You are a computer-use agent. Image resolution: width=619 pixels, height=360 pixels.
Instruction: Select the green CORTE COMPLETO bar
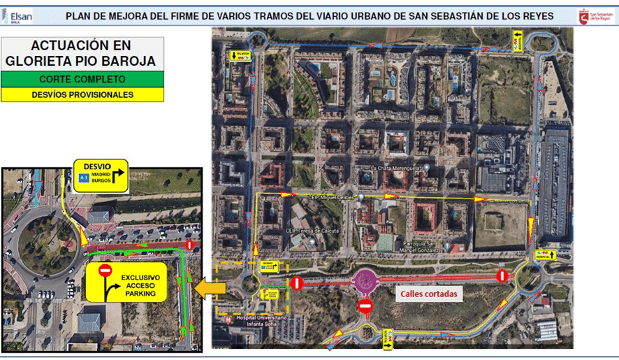click(x=82, y=80)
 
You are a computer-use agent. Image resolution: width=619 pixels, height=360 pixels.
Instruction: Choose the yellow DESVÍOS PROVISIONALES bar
click(x=82, y=94)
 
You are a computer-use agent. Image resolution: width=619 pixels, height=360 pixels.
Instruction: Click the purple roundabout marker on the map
click(x=365, y=282)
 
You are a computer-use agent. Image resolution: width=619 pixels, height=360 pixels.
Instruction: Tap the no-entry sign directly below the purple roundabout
click(x=365, y=306)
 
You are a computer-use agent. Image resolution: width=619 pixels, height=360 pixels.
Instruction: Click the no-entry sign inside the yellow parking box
click(x=105, y=271)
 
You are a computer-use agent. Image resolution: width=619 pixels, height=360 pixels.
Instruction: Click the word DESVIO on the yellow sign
click(x=97, y=166)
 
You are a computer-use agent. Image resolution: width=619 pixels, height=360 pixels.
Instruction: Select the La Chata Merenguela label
click(x=396, y=168)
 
